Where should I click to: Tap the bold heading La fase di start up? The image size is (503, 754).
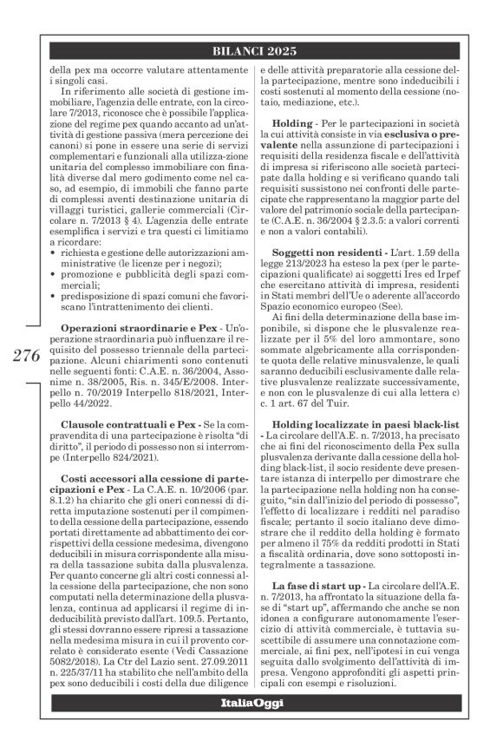click(323, 599)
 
